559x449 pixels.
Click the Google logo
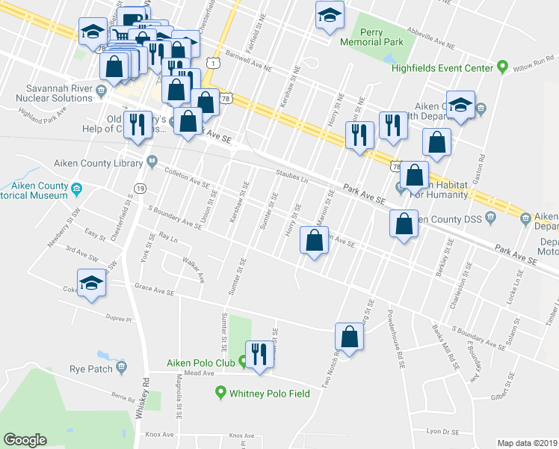25,440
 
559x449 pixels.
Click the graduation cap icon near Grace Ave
91,284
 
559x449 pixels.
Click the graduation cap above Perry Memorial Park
329,15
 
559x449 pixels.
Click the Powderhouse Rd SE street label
397,337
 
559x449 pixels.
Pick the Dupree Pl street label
118,319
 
